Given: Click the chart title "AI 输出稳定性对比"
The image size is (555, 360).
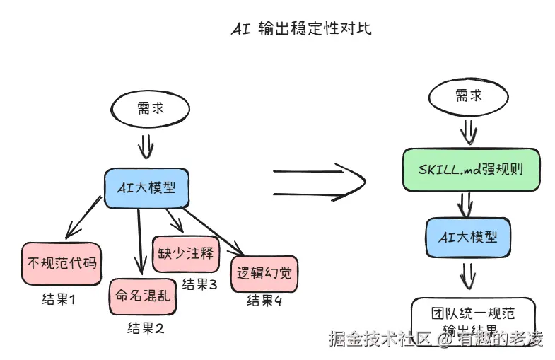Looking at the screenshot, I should point(301,29).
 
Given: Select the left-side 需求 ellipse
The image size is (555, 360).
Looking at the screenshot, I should point(150,110).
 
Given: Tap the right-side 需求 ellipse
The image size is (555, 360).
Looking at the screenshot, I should point(468,95).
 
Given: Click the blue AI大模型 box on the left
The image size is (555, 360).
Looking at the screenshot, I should point(146,187).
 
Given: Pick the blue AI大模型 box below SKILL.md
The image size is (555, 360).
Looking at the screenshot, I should point(467,237).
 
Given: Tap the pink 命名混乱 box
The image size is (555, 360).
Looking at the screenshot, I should point(143,299).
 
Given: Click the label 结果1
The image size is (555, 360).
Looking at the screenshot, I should point(59,299).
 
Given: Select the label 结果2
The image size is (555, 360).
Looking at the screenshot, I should point(146,328).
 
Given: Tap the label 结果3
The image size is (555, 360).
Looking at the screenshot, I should point(199,284).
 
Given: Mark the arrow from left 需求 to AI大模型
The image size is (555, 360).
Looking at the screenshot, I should point(145,146).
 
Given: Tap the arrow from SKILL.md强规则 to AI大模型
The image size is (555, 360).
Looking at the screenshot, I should point(465,204).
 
